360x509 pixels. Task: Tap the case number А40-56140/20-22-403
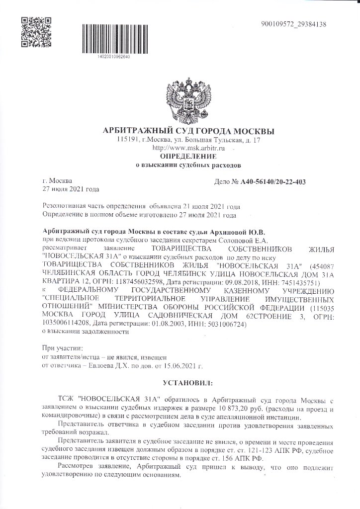coord(273,182)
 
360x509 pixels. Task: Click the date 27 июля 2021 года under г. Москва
coord(71,189)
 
